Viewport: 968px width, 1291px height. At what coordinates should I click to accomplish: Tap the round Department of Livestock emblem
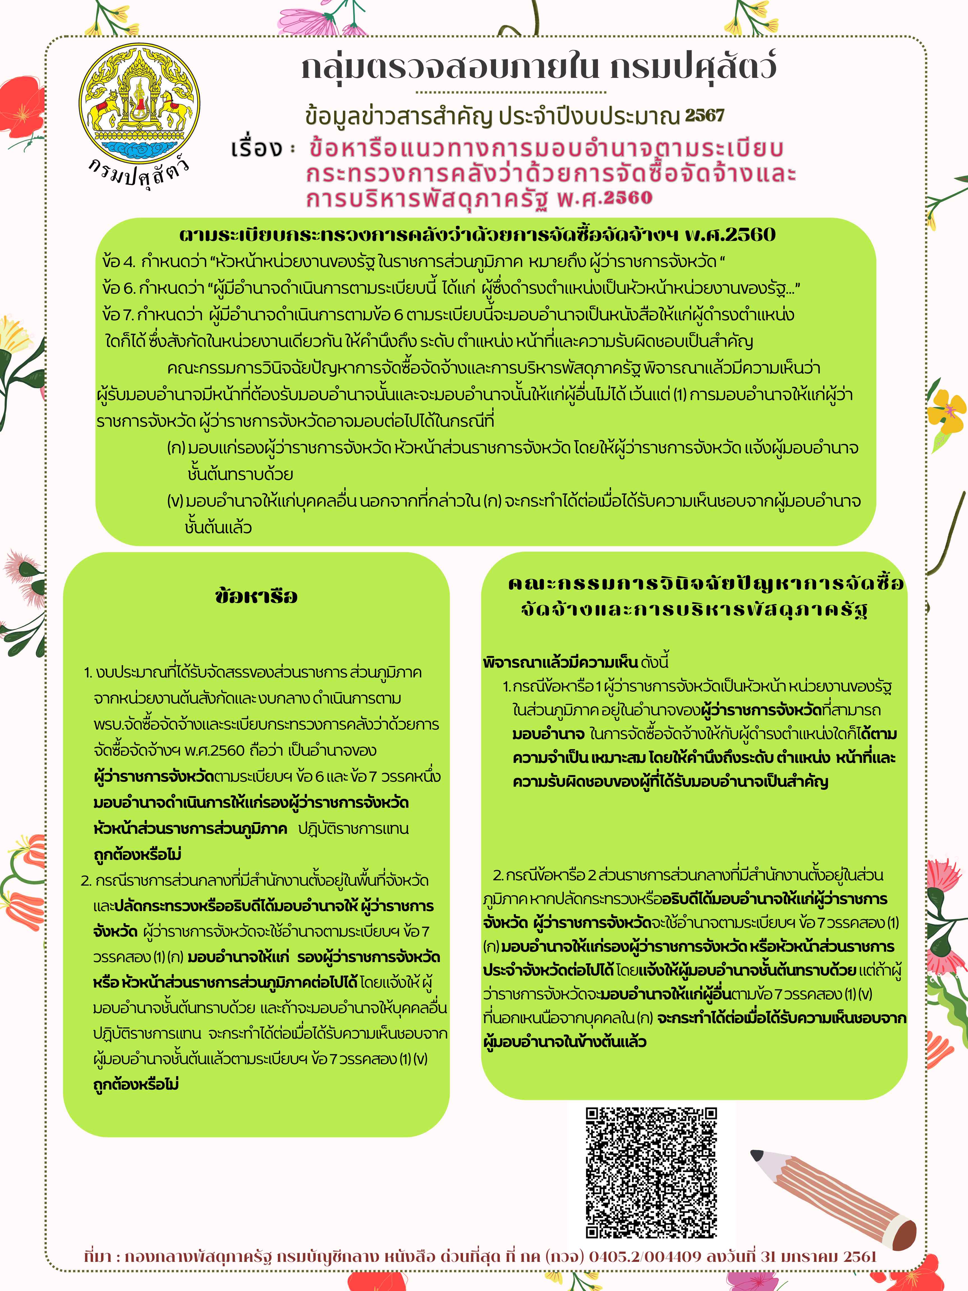pos(140,105)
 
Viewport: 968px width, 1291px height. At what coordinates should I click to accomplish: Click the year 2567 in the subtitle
pos(705,115)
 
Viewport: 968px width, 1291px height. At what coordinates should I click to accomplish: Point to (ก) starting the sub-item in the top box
pos(176,448)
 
